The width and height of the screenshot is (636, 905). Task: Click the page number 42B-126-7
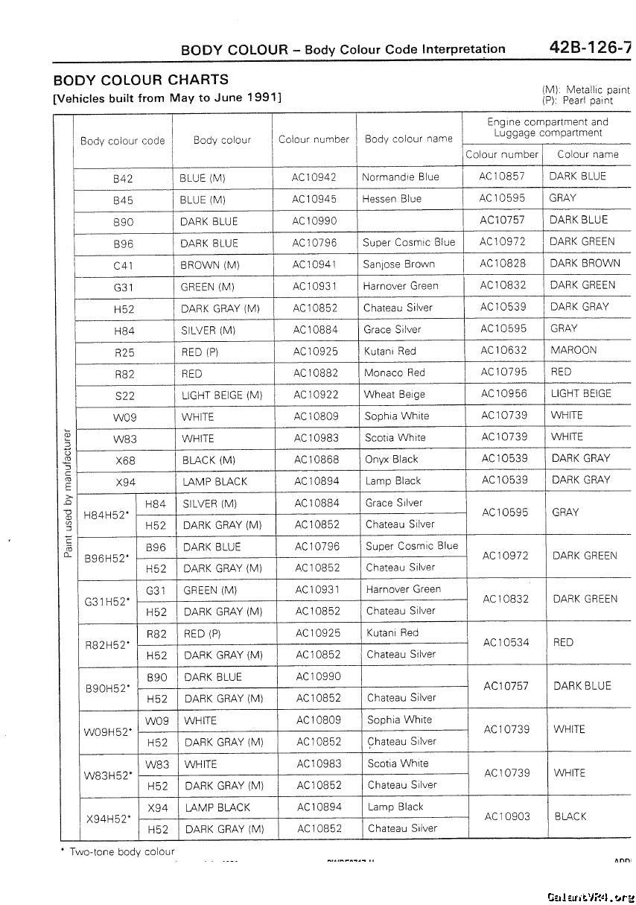tap(589, 48)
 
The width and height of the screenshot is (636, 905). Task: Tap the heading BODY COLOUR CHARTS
tap(141, 80)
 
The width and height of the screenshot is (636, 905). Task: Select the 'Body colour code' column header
tap(123, 140)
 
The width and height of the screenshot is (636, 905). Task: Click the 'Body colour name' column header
tap(409, 139)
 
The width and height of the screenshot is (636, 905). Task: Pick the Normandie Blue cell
tap(401, 177)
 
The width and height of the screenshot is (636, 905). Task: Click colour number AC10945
tap(314, 199)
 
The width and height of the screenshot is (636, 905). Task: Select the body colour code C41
tap(123, 264)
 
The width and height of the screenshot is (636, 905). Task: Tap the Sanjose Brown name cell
tap(399, 264)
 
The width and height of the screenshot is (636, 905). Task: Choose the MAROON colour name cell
tap(573, 350)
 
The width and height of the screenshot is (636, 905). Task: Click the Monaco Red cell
tap(394, 372)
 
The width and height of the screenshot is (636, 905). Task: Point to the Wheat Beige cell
tap(395, 394)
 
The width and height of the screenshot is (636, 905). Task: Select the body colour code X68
tap(125, 460)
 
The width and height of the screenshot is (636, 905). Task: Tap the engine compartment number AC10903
tap(507, 816)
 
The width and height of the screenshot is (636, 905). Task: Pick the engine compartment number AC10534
tap(506, 642)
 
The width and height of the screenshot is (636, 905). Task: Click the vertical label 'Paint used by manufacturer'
tap(66, 492)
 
